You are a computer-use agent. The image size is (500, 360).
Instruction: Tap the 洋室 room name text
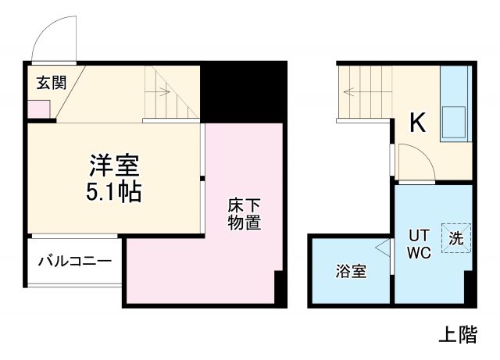pos(113,166)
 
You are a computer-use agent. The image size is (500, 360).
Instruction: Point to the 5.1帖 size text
pos(113,191)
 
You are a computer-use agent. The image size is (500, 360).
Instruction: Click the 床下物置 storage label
pos(245,214)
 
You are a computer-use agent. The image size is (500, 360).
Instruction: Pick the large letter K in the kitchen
pos(417,123)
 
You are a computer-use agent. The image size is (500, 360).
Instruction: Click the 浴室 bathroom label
pos(351,272)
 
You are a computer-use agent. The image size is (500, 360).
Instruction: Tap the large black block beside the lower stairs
pos(243,90)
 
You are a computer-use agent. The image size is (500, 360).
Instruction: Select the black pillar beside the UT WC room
pos(469,288)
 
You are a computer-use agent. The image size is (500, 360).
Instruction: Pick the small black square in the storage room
pos(277,288)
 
